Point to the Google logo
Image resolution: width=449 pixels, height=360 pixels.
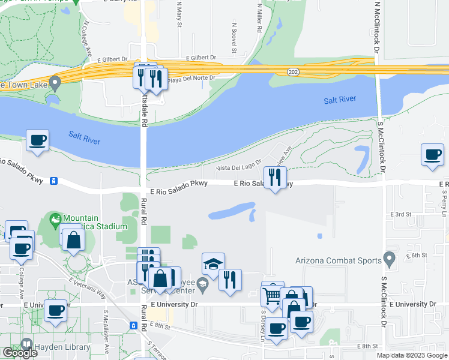[20, 353]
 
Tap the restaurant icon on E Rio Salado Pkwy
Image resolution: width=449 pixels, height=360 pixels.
[275, 177]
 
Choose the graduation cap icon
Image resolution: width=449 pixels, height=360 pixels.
[213, 263]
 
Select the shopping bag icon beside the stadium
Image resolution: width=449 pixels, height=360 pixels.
[73, 239]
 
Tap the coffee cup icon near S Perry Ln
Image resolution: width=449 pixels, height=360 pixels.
[432, 155]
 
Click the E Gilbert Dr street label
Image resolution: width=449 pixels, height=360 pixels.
[200, 58]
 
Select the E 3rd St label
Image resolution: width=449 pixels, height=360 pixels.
[400, 214]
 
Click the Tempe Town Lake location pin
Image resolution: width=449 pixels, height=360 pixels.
[55, 82]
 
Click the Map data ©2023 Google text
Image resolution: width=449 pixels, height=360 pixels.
[411, 355]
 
